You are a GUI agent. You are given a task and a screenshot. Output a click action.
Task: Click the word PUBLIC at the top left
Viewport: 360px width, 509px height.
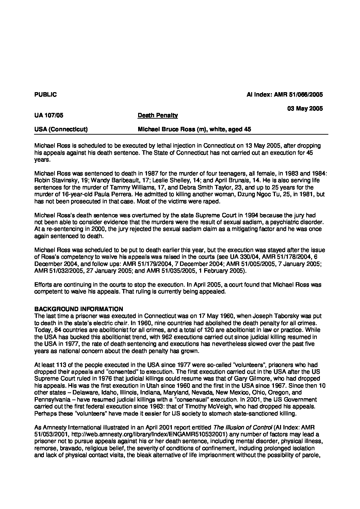point(46,95)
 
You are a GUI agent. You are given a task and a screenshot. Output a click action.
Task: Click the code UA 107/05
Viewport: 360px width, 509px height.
point(49,116)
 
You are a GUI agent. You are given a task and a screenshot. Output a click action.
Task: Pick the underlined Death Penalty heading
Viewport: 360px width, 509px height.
point(158,116)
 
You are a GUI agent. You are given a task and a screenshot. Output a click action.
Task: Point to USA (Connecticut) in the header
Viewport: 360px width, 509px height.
point(61,130)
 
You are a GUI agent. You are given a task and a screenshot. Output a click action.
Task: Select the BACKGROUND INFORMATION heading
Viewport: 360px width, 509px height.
point(79,309)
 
